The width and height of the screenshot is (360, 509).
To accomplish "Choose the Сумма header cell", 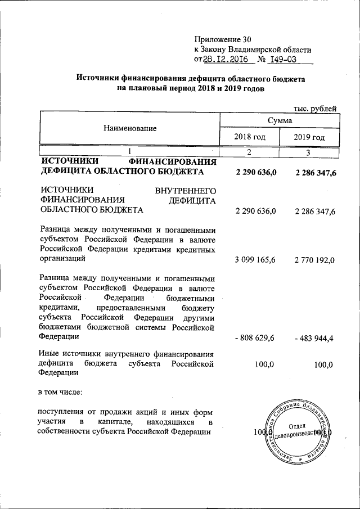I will point(279,120).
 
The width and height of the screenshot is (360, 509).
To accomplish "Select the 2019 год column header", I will point(309,137).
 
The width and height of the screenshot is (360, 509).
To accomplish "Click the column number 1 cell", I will point(129,152).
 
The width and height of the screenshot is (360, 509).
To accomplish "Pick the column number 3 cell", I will point(309,152).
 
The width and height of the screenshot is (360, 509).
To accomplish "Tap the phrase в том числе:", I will point(60,390).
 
